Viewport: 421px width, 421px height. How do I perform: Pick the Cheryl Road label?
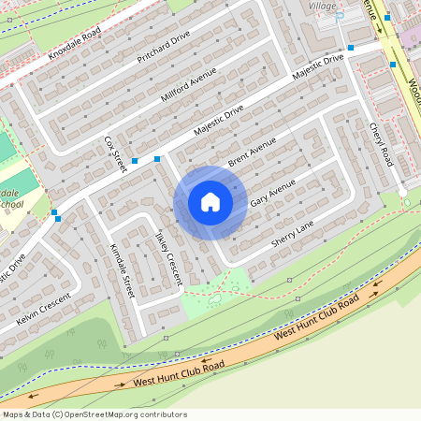(x=381, y=145)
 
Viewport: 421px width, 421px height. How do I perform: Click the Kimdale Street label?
(x=123, y=271)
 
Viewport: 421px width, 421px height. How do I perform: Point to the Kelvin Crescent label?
(x=44, y=310)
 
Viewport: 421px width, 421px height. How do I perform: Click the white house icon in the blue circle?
(x=210, y=202)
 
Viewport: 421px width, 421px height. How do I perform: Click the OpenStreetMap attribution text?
(x=94, y=414)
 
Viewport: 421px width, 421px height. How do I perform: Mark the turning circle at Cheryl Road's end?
(x=403, y=193)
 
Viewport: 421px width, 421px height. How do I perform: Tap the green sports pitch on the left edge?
(x=6, y=147)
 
